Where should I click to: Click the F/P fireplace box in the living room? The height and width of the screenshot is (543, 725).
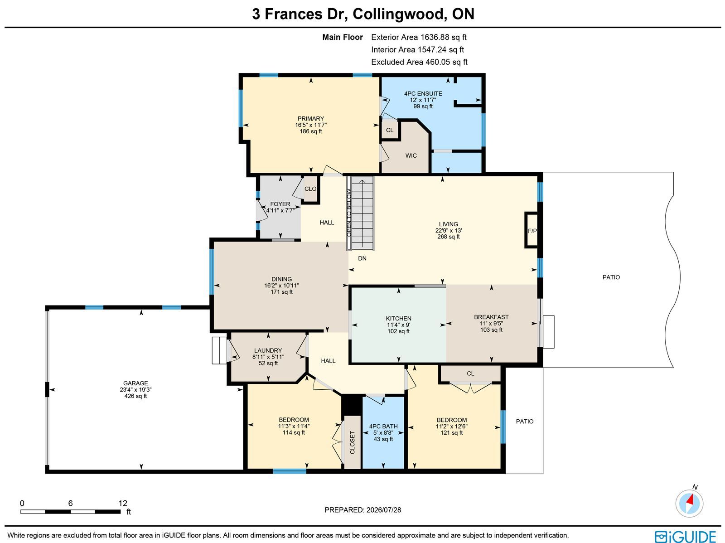[x=532, y=230]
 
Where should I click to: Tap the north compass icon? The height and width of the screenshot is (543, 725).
[x=689, y=503]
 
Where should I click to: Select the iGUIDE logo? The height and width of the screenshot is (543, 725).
[x=685, y=536]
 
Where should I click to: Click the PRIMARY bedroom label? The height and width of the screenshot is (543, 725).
[x=310, y=119]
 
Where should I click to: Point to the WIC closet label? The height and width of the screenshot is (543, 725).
[x=411, y=155]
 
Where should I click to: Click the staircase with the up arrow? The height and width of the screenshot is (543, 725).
[x=362, y=213]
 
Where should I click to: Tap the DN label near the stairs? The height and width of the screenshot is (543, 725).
[x=362, y=258]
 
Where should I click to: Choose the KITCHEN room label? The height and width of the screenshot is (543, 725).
[x=398, y=318]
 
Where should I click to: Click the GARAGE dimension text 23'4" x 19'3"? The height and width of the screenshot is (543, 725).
[x=135, y=389]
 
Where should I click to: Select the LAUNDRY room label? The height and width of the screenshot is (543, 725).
[x=268, y=350]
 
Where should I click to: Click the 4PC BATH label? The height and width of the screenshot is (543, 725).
[x=383, y=427]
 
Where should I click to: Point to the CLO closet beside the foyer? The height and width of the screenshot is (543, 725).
[x=310, y=189]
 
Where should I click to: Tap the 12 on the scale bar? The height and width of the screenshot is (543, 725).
[x=122, y=503]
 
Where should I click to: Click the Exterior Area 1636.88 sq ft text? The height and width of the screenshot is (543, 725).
[x=419, y=37]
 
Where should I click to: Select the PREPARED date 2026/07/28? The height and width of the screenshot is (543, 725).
[x=362, y=510]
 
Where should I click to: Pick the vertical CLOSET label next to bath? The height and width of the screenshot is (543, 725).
[x=352, y=442]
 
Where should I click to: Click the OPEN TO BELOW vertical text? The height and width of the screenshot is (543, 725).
[x=349, y=213]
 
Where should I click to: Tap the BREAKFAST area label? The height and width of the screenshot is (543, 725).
[x=491, y=317]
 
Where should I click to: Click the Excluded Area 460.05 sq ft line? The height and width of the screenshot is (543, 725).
[x=419, y=62]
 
